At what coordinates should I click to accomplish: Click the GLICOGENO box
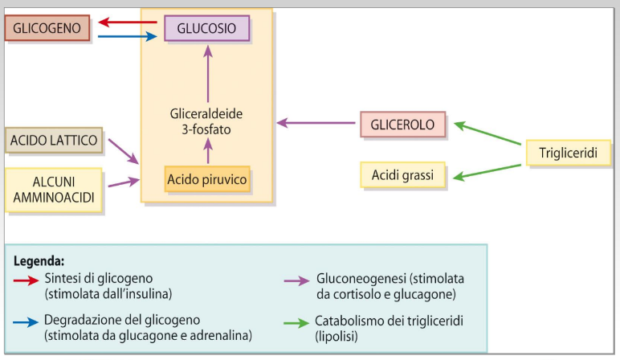click(x=47, y=28)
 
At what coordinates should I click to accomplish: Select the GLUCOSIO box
click(x=207, y=28)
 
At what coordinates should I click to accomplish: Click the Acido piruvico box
click(x=207, y=178)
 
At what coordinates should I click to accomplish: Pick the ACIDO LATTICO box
click(x=53, y=141)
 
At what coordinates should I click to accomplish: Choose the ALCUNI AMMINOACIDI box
click(x=53, y=190)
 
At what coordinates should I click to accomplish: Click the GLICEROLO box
click(x=402, y=125)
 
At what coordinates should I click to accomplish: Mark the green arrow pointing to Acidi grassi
click(x=487, y=170)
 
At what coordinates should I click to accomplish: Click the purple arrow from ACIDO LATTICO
click(x=123, y=150)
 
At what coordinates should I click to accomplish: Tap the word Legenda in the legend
click(x=39, y=261)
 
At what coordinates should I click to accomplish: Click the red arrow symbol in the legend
click(x=28, y=280)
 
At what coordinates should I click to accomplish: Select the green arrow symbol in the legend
click(x=299, y=321)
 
